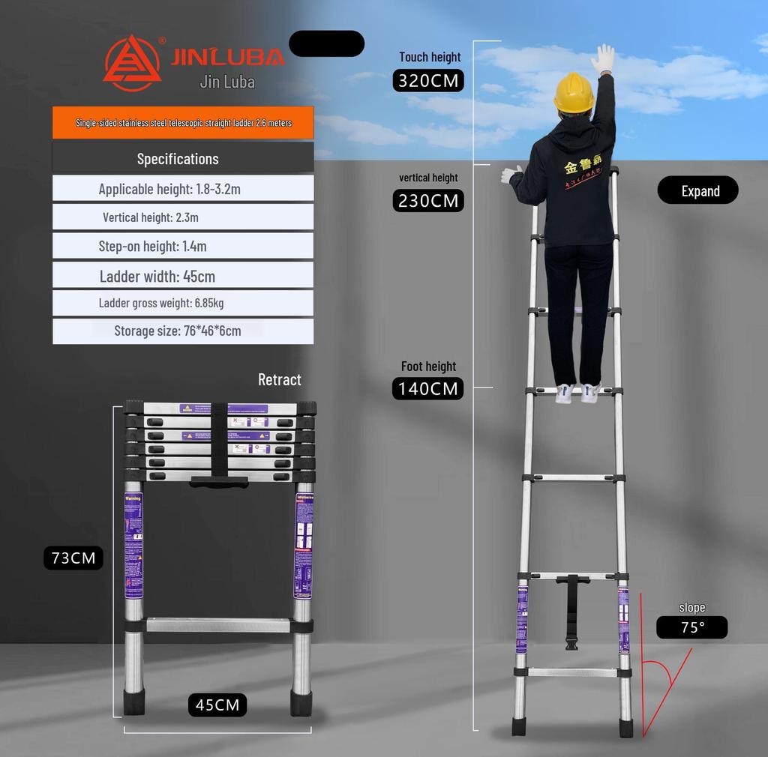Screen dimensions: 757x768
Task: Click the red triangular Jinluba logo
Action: pos(131,63)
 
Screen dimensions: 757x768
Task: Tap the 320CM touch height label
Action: pos(428,80)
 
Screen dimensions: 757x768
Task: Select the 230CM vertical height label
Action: pos(428,201)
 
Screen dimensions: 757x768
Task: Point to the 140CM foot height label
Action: pos(428,388)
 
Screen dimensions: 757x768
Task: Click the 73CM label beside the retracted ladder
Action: pos(73,558)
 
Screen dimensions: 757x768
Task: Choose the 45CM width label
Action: pos(217,705)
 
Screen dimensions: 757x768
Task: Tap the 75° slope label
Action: pos(691,627)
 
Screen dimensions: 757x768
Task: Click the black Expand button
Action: pos(697,191)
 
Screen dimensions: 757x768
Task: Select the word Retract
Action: pos(279,379)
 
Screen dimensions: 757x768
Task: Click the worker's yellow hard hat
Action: pos(574,91)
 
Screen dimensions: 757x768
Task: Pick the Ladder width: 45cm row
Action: pos(183,276)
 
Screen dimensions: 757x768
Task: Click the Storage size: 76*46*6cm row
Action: pos(183,331)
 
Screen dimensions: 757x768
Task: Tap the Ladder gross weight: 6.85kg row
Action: pos(183,304)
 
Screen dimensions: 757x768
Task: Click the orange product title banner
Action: pos(183,123)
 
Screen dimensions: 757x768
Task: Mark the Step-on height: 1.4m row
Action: pos(183,246)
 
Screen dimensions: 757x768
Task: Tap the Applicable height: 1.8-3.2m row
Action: pos(183,189)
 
